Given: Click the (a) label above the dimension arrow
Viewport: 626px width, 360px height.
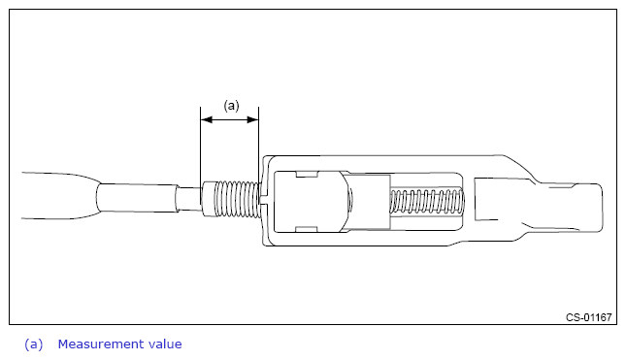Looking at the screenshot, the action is [x=231, y=106].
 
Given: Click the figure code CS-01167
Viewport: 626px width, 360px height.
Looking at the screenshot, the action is [x=588, y=317].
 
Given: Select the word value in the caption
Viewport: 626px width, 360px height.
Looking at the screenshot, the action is [x=165, y=344].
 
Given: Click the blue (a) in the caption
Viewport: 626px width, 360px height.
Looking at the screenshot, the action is [x=34, y=344].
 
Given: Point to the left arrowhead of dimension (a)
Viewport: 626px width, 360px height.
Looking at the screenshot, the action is [x=206, y=119].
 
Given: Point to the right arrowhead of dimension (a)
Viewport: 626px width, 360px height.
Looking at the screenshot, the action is [x=252, y=119].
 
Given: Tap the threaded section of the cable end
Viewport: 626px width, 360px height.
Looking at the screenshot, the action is [x=237, y=199].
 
